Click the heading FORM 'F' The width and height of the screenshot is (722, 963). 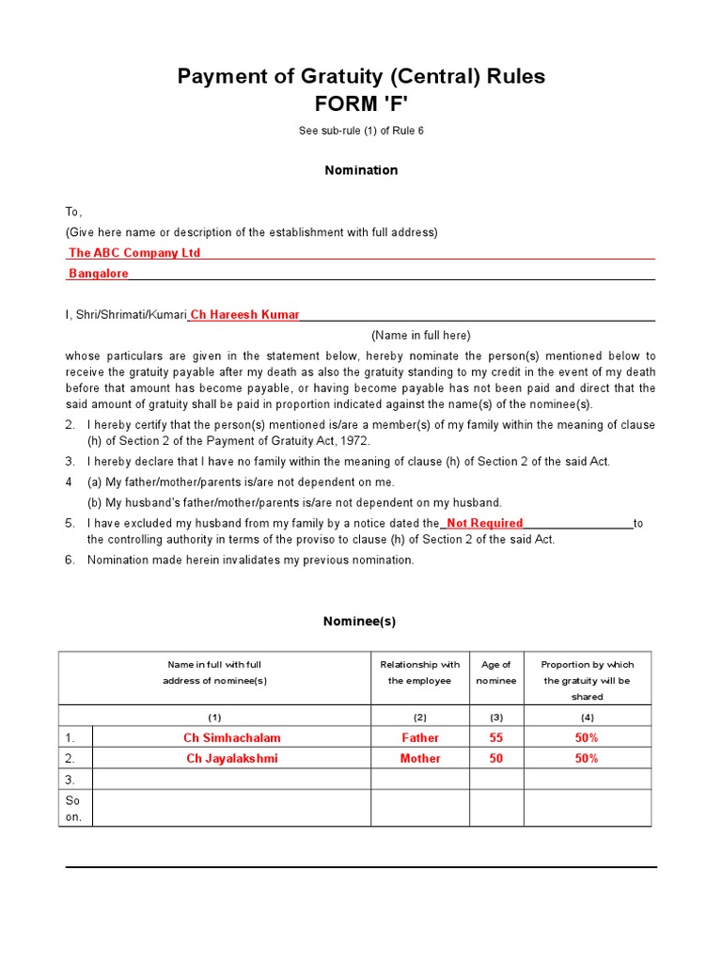tap(361, 103)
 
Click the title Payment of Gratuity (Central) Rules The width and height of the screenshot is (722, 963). tap(361, 76)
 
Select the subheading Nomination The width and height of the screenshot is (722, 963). tap(361, 170)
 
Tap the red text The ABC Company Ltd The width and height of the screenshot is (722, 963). tap(134, 253)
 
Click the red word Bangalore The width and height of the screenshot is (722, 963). tap(99, 274)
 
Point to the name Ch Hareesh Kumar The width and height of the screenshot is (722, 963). tap(245, 315)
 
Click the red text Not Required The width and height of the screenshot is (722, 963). tap(484, 523)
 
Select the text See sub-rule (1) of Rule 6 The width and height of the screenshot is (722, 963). tap(361, 131)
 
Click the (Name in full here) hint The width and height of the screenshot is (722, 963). tap(420, 335)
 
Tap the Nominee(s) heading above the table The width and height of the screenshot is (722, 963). tap(359, 622)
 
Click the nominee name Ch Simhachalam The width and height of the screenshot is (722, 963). tap(232, 738)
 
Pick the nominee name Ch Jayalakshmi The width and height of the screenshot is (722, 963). tap(232, 759)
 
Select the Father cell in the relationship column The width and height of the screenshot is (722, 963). tap(420, 738)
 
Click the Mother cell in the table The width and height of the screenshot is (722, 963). tap(420, 759)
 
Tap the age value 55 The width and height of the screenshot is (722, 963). tap(496, 738)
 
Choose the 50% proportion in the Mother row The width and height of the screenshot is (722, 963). tap(587, 759)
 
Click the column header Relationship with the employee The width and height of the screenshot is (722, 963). tap(420, 672)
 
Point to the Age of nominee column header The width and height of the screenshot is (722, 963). tap(496, 672)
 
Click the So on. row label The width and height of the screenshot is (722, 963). tap(73, 809)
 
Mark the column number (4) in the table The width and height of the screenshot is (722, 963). tap(587, 717)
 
